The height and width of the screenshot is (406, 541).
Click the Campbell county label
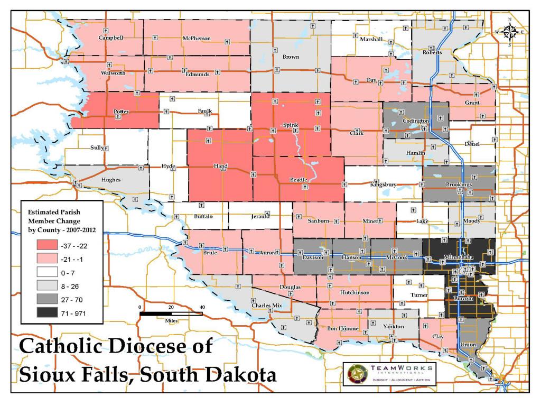(110, 38)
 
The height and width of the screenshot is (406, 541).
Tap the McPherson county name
(197, 39)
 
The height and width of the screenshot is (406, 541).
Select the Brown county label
(291, 57)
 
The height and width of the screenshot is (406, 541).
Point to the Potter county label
(121, 112)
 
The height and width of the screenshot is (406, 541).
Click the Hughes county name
(111, 180)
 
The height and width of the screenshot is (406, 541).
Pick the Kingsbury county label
(383, 184)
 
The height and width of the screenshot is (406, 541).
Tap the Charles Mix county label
(267, 306)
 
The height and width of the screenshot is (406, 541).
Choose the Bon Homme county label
(343, 329)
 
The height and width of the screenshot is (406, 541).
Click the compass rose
(509, 32)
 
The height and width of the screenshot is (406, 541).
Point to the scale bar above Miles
(171, 313)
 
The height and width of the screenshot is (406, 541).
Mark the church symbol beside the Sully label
(106, 149)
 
